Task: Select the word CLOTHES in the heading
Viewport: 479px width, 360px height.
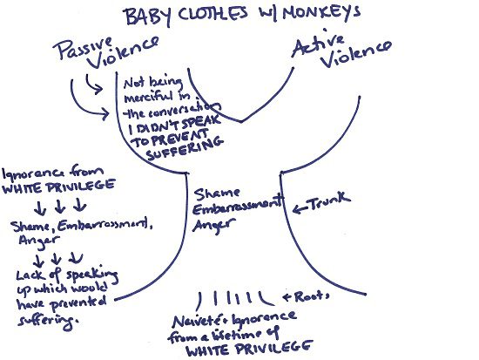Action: [x=213, y=15]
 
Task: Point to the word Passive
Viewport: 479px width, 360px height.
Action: [x=83, y=48]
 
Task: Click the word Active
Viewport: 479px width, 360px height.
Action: [x=318, y=44]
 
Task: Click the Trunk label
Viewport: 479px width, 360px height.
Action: [x=329, y=200]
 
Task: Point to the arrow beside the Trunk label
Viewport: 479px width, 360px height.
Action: [x=300, y=209]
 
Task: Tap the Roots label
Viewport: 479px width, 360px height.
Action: [x=312, y=295]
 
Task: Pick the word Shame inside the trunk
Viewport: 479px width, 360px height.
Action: [x=217, y=194]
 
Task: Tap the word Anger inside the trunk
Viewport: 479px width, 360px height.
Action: [x=214, y=226]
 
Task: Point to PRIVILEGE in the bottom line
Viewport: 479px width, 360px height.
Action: [x=275, y=348]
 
